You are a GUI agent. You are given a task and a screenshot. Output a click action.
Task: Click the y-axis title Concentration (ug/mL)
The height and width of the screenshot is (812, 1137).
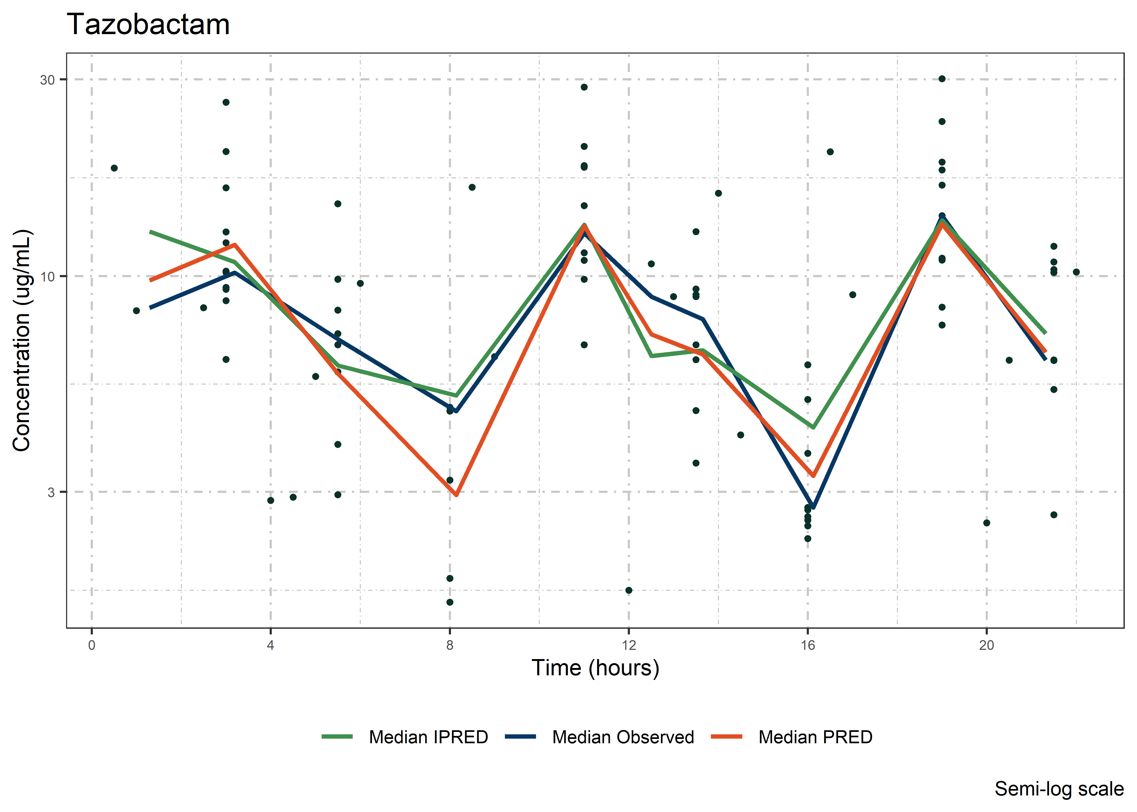[x=22, y=340]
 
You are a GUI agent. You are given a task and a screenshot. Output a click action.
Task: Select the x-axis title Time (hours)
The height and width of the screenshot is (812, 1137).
[x=595, y=668]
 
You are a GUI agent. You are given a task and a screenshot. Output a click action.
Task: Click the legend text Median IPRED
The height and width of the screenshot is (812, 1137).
[x=428, y=737]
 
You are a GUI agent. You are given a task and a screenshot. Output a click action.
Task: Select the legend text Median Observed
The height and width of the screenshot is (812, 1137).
[x=623, y=737]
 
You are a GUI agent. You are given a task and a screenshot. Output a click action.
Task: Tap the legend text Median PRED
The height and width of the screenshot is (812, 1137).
[x=815, y=737]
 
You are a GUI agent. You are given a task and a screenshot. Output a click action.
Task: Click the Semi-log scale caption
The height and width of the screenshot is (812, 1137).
[x=1059, y=789]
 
